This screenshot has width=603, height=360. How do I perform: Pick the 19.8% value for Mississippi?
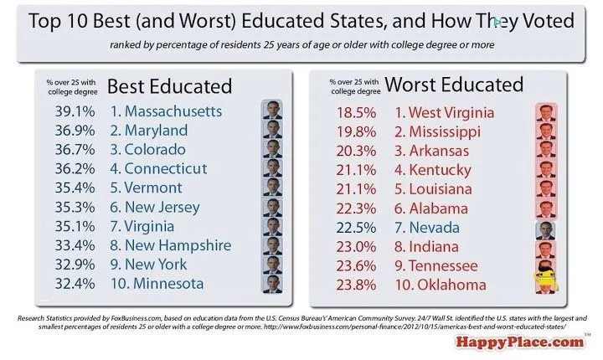[352, 131]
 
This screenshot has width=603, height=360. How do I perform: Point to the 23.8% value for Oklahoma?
[352, 285]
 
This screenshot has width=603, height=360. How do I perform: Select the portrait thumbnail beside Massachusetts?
[272, 111]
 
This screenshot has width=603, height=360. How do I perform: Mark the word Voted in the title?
[545, 21]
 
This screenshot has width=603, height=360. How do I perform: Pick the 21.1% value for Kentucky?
[352, 170]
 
